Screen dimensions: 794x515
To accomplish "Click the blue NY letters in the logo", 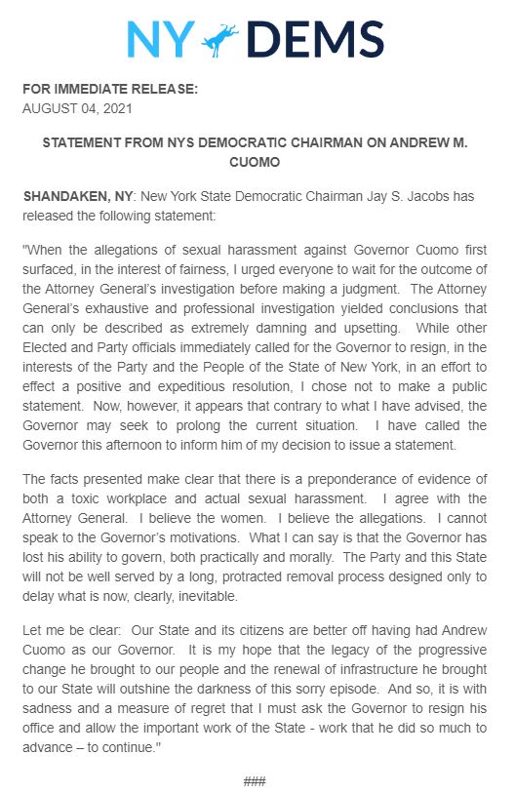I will click(x=161, y=39).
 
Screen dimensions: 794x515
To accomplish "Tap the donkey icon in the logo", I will click(x=224, y=39).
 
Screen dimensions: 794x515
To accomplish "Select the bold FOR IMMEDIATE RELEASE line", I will click(x=110, y=90).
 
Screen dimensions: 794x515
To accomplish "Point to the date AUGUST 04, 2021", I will click(x=84, y=108).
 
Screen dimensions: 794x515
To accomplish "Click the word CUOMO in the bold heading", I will click(x=256, y=161).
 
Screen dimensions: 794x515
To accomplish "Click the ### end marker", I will click(x=256, y=781).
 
